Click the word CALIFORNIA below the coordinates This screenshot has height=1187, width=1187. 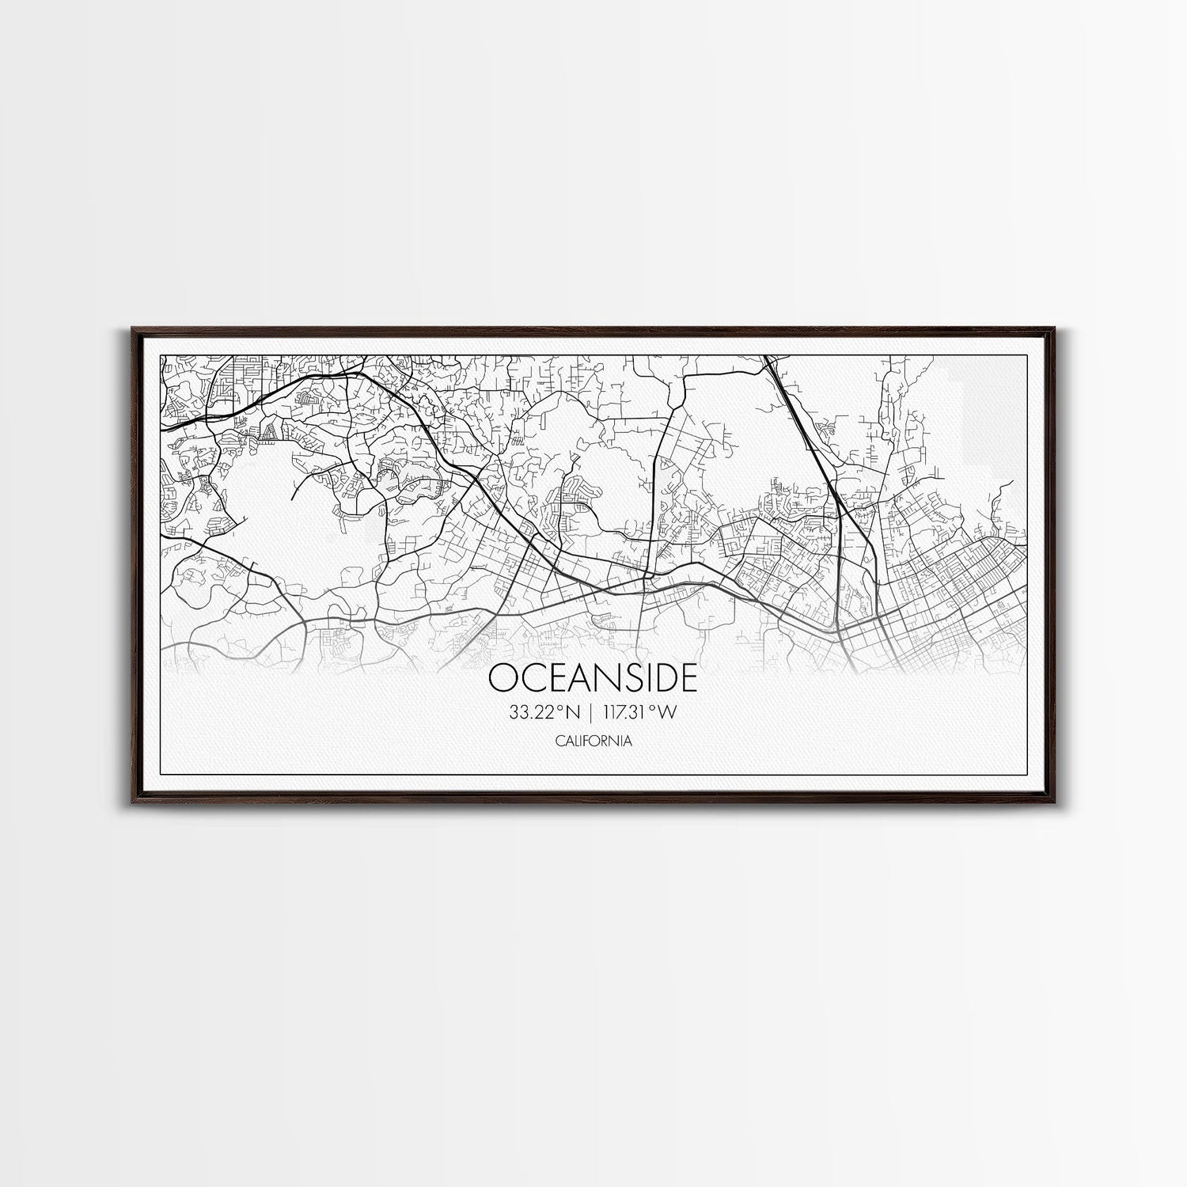click(x=593, y=741)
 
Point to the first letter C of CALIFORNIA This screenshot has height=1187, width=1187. click(x=559, y=741)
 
